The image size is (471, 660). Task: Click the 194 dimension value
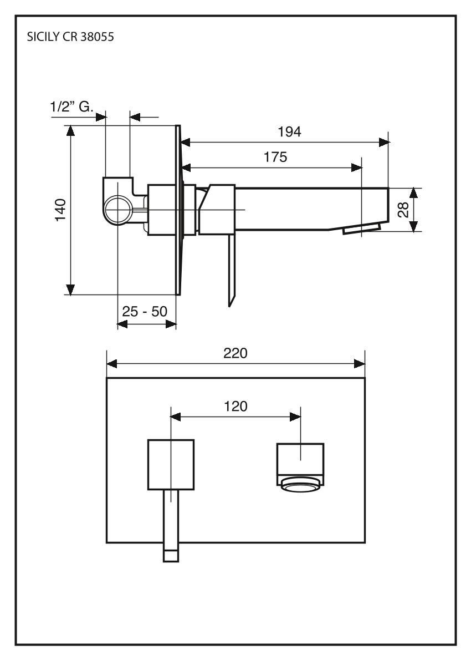(x=289, y=132)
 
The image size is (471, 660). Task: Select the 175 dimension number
(x=275, y=157)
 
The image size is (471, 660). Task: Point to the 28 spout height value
(x=404, y=209)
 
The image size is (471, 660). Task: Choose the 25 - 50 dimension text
(x=145, y=312)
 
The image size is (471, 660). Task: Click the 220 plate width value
(x=235, y=353)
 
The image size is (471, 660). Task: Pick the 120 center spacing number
(x=235, y=406)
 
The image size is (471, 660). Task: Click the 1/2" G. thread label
(x=72, y=107)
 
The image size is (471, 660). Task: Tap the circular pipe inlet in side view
(x=118, y=210)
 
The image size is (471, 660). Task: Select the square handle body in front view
(x=171, y=465)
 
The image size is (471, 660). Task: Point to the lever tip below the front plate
(x=171, y=555)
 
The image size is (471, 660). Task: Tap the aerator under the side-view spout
(x=361, y=229)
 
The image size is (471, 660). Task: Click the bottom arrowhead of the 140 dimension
(x=70, y=290)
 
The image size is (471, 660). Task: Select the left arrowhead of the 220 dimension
(x=111, y=364)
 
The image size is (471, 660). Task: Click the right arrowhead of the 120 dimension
(x=296, y=415)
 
